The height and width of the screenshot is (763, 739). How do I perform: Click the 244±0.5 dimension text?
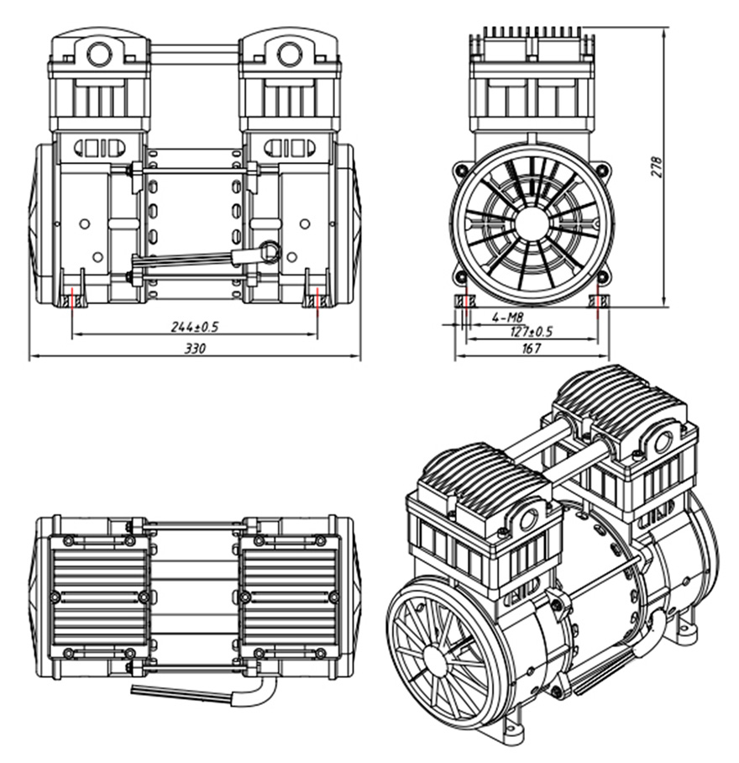click(195, 327)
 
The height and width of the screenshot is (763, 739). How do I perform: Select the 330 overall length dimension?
click(195, 349)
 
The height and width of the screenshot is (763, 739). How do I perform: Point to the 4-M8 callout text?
click(507, 318)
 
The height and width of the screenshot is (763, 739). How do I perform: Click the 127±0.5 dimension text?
click(532, 332)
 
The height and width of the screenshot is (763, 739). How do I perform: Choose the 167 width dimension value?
click(532, 348)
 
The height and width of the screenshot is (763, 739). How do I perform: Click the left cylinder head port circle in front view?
click(99, 54)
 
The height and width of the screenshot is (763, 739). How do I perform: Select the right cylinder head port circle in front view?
click(289, 54)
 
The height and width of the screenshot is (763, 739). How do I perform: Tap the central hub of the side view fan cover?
click(532, 224)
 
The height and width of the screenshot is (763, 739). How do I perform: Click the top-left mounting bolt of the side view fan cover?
click(460, 170)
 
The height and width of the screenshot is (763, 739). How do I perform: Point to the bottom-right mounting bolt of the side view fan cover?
click(603, 277)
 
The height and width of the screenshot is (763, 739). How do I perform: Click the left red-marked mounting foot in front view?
click(71, 297)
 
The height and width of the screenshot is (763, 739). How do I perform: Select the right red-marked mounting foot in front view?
click(317, 297)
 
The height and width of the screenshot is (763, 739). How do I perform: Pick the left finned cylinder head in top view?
click(99, 597)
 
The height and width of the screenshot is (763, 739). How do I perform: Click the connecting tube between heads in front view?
click(195, 50)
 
